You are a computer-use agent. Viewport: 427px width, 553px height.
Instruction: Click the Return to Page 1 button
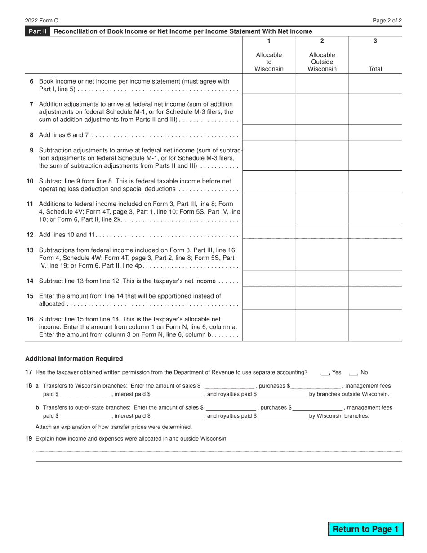click(x=365, y=529)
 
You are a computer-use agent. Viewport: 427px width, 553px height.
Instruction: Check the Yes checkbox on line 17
click(x=325, y=373)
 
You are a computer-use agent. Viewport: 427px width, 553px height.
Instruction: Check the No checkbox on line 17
click(x=353, y=373)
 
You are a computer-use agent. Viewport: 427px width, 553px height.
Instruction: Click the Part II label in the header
click(x=37, y=31)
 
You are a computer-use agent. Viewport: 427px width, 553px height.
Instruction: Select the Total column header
click(x=375, y=69)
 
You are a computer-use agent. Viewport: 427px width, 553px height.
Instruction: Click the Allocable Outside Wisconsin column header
click(x=322, y=62)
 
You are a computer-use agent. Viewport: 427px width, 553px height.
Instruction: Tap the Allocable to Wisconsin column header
click(x=269, y=62)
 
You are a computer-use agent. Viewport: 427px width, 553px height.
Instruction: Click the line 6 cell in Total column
click(x=375, y=84)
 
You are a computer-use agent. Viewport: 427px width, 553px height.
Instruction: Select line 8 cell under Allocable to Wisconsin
click(x=269, y=133)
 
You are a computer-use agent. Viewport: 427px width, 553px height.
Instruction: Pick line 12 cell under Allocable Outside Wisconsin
click(x=322, y=231)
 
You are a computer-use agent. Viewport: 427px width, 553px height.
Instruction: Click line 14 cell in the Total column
click(x=375, y=279)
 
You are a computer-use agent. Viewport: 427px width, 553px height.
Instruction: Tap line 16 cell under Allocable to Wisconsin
click(x=269, y=325)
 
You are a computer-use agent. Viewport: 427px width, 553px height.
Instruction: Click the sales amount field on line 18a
click(x=229, y=385)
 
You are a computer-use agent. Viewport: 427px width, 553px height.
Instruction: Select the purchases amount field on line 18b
click(x=317, y=407)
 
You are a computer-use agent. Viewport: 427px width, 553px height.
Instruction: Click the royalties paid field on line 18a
click(x=283, y=394)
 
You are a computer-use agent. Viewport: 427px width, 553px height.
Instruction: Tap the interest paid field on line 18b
click(x=177, y=416)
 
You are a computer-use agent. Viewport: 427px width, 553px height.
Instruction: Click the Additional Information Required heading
click(x=74, y=359)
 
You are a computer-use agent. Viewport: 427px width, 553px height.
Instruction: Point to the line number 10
click(x=30, y=181)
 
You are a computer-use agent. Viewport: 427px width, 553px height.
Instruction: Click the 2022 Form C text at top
click(x=41, y=21)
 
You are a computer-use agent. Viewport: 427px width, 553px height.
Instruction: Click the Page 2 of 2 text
click(x=387, y=21)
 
